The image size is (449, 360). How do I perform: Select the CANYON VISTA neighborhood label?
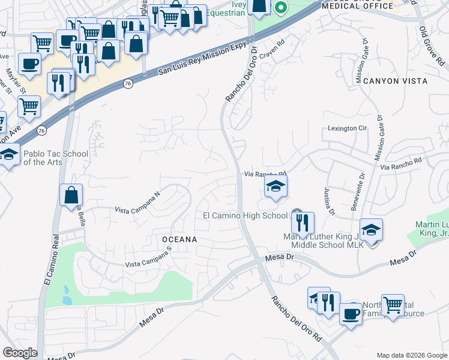click(x=400, y=80)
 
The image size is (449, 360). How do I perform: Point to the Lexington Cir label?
click(x=347, y=128)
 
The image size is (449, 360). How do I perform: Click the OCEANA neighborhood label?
click(x=179, y=239)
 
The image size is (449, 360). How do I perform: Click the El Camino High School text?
click(x=245, y=215)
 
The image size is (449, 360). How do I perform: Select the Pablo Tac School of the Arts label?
click(x=56, y=158)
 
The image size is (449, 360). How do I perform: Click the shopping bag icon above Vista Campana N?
click(x=71, y=194)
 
